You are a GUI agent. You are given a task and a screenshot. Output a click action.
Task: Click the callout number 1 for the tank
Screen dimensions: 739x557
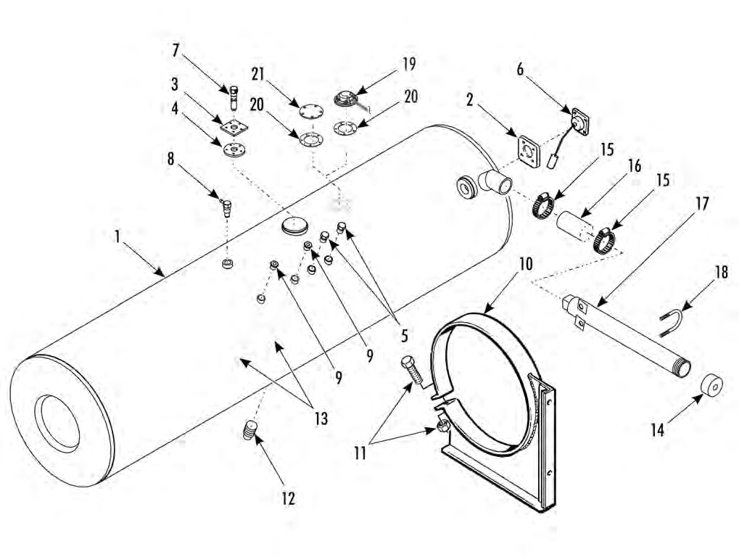[117, 236]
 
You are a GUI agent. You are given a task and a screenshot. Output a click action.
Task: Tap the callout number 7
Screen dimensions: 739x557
[176, 51]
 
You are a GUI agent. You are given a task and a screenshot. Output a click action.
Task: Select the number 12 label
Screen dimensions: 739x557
[289, 498]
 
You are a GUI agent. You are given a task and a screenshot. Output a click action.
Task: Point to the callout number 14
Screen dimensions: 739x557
[658, 429]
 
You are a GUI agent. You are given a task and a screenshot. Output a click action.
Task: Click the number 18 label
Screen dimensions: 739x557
[721, 272]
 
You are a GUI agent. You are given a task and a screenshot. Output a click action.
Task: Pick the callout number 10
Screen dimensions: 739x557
[526, 263]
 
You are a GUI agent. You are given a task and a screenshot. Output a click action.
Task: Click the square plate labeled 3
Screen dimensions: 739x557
[234, 128]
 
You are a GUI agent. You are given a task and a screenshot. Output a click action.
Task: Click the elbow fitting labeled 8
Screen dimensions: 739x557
[226, 207]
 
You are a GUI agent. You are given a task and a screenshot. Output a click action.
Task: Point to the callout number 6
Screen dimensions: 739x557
[520, 69]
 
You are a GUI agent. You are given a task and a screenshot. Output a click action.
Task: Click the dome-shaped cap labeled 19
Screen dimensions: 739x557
[347, 99]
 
